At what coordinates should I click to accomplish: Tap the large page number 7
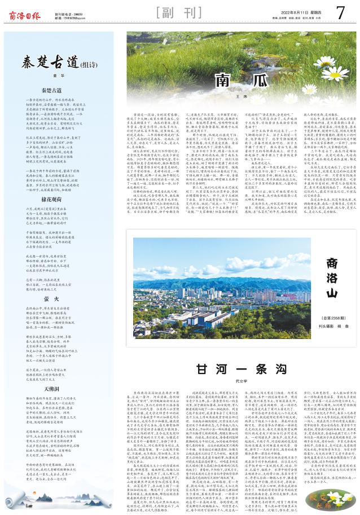point(340,12)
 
